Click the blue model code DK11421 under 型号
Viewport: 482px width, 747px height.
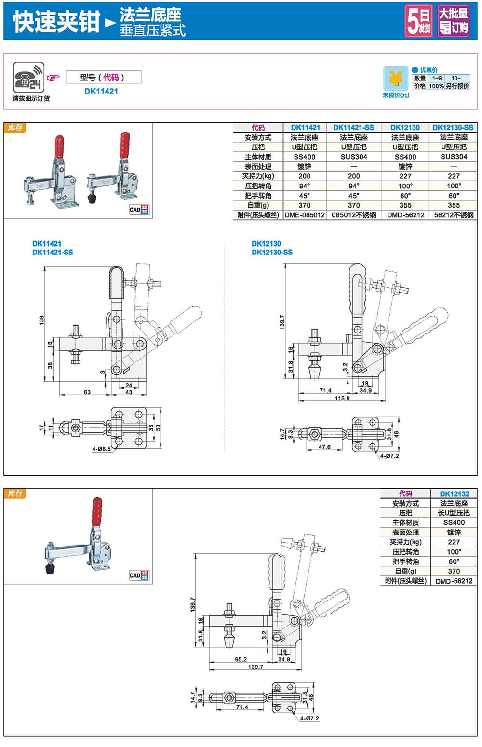point(101,91)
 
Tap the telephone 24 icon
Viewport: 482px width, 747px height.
point(28,78)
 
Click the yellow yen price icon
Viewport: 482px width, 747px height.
point(396,78)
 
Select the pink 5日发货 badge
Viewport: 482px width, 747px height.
point(418,21)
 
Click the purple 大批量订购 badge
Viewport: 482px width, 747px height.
point(453,21)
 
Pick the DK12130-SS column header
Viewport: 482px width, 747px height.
point(453,128)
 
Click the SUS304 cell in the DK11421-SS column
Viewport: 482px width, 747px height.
point(354,157)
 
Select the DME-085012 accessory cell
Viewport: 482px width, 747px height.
point(305,215)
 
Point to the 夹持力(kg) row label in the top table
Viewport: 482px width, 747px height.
point(258,176)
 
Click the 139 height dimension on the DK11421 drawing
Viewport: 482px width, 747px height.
point(41,320)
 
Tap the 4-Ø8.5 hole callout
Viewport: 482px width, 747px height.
point(102,449)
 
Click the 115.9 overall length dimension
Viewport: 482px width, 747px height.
point(342,398)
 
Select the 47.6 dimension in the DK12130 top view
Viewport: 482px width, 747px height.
point(324,447)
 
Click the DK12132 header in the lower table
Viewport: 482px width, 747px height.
point(454,494)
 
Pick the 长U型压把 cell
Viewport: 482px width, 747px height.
point(454,513)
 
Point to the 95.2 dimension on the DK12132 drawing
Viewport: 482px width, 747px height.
point(241,659)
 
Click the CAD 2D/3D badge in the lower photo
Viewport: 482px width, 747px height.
point(139,575)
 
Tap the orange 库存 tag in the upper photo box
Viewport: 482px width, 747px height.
point(15,128)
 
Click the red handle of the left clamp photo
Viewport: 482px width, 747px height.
point(59,147)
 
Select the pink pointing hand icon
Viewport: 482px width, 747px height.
point(53,78)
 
